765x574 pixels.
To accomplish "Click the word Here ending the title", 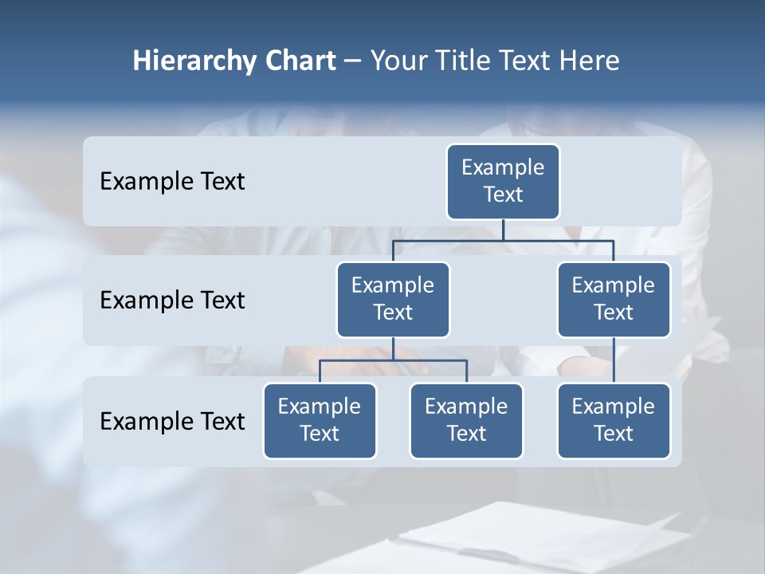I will click(x=590, y=61).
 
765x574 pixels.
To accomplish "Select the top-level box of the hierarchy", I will click(x=503, y=181).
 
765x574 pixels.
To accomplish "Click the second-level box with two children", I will click(x=393, y=299).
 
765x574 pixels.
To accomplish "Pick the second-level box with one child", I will click(x=614, y=299).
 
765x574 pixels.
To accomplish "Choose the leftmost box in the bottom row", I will click(x=320, y=420).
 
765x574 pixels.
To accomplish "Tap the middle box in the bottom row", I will click(x=466, y=420).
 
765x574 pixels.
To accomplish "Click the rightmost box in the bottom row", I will click(x=614, y=420).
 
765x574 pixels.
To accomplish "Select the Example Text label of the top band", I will click(x=172, y=181).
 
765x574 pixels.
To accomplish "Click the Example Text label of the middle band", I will click(x=172, y=300).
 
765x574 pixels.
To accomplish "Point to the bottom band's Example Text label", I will click(x=172, y=421).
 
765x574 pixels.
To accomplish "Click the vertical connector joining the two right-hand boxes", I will click(x=614, y=360).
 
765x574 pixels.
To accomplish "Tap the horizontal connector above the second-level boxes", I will click(x=503, y=239).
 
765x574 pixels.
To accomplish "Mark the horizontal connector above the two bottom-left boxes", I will click(x=393, y=360).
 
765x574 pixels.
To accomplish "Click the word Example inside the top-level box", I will click(x=503, y=167).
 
